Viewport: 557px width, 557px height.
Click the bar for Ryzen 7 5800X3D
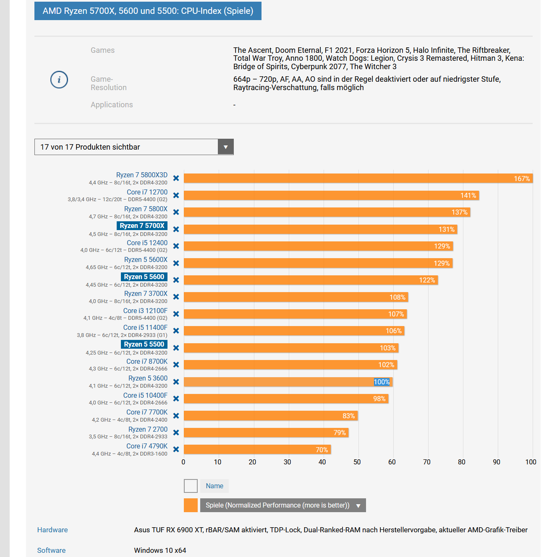coord(357,178)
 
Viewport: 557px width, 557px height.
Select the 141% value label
coord(468,195)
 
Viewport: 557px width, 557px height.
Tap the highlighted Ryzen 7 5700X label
coord(142,226)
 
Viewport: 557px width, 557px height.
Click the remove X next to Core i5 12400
coord(176,246)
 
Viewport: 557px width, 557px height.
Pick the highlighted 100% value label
coord(382,382)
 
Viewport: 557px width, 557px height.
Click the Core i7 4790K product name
coord(146,446)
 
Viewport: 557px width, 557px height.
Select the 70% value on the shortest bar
coord(322,450)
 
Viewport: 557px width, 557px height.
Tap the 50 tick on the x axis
coord(357,462)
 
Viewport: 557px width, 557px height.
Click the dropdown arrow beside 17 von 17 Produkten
coord(225,147)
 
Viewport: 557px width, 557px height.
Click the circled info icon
coord(59,80)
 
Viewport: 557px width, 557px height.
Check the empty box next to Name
coord(191,486)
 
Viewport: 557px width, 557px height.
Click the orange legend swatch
coord(191,505)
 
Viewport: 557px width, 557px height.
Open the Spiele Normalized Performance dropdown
coord(358,505)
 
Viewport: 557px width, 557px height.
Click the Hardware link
coord(52,530)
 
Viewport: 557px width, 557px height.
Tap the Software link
coord(51,550)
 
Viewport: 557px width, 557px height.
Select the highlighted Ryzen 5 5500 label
coord(144,345)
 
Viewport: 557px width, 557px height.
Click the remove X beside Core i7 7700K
coord(176,416)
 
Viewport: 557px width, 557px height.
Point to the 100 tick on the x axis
coord(531,462)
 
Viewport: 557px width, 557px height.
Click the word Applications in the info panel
coord(112,105)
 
